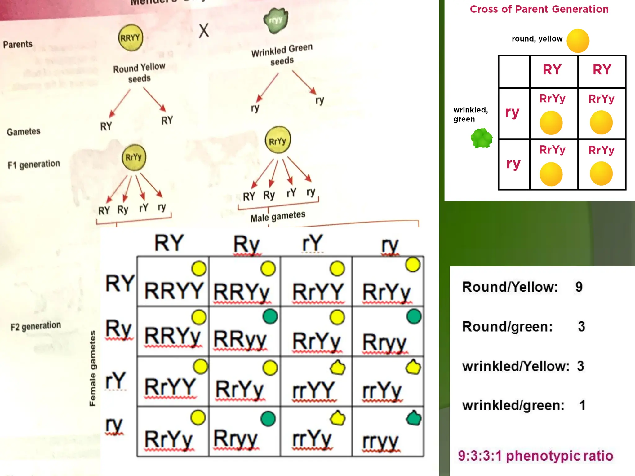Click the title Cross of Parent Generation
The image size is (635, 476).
point(539,9)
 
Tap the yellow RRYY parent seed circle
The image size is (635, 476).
point(131,38)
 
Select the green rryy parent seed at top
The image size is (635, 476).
point(276,20)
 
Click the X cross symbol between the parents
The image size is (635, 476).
point(204,31)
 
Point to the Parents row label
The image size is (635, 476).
point(18,44)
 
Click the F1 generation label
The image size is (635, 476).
point(34,164)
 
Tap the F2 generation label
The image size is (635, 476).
point(36,326)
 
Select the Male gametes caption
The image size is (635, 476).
point(278,216)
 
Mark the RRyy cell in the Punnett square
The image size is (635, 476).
point(240,340)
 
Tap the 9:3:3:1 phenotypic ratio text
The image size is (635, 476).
point(535,456)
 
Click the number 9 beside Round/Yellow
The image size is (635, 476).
point(579,287)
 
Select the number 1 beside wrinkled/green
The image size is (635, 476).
point(582,405)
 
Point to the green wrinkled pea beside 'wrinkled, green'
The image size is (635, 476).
point(481,138)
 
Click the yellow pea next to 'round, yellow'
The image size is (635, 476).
point(578,41)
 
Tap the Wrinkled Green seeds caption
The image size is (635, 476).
point(282,55)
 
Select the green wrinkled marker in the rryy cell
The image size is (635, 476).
point(413,418)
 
